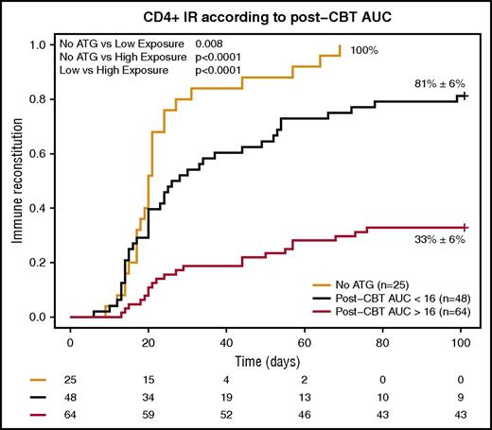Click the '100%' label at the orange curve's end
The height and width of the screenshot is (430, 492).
pyautogui.click(x=363, y=49)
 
